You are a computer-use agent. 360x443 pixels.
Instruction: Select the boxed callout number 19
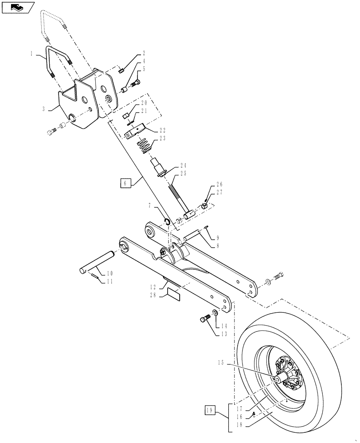point(211,411)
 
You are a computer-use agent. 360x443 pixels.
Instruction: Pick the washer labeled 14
point(215,313)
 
